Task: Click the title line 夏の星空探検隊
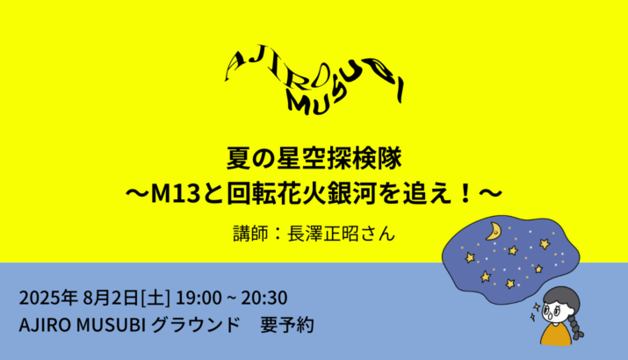(314, 159)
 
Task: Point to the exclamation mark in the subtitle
(465, 194)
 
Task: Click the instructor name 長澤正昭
(323, 234)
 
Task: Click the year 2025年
(48, 298)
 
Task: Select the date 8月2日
(111, 298)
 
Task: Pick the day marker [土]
(155, 299)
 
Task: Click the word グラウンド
(196, 325)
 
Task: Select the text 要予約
(287, 325)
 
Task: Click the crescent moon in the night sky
(494, 232)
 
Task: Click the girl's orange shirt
(556, 335)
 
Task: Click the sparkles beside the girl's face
(535, 313)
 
